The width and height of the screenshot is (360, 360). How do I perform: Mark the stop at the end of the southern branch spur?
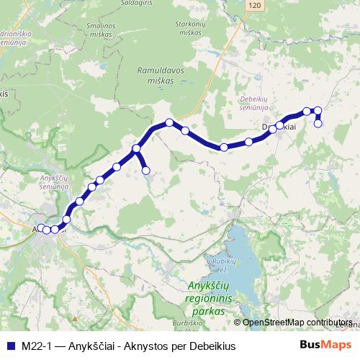(146, 171)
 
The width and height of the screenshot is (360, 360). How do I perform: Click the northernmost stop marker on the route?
(316, 110)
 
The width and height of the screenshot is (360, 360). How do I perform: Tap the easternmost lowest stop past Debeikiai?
(318, 123)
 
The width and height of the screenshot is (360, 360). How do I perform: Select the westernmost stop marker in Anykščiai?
(40, 228)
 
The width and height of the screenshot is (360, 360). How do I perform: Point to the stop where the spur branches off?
(135, 149)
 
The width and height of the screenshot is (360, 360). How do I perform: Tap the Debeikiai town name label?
(279, 127)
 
